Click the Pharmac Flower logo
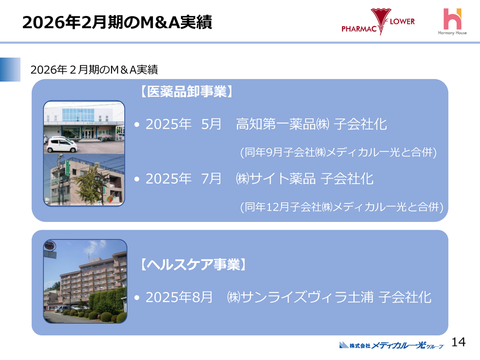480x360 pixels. (378, 22)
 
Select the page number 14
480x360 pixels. (458, 342)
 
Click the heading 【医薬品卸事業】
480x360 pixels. (184, 91)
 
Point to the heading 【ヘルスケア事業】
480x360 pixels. (192, 264)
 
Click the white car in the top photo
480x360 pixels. (61, 144)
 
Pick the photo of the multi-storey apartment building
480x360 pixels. (85, 281)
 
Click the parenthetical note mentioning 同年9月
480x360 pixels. (338, 152)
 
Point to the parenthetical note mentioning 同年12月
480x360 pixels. (342, 206)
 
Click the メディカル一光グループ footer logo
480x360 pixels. (391, 345)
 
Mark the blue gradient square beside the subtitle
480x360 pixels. (10, 69)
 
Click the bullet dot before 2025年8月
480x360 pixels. (137, 298)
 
